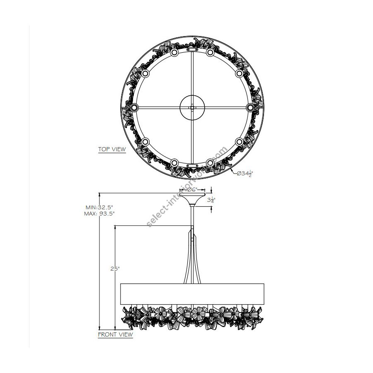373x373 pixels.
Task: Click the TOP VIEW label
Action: tap(112, 149)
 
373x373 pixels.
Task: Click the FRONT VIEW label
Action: tap(115, 334)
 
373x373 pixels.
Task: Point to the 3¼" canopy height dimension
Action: tap(211, 200)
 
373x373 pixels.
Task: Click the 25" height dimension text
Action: tap(115, 269)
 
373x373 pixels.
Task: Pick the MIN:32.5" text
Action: tap(99, 207)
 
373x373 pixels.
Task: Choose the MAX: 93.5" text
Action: tap(99, 213)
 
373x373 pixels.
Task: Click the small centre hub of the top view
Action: tap(192, 107)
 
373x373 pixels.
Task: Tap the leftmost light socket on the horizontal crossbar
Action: tap(134, 107)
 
